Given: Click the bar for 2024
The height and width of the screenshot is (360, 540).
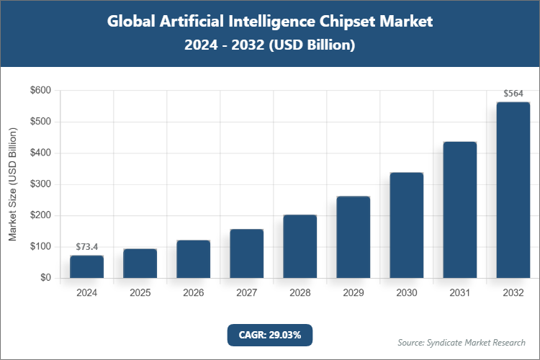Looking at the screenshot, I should (x=86, y=266).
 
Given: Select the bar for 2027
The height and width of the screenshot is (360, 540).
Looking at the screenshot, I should (x=246, y=253).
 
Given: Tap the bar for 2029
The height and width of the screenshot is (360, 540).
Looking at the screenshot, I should (x=353, y=237).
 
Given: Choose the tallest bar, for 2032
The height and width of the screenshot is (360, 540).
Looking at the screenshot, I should (x=513, y=190).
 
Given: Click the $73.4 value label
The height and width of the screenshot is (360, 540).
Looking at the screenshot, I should (x=86, y=247).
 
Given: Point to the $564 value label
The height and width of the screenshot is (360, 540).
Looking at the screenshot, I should (x=513, y=94).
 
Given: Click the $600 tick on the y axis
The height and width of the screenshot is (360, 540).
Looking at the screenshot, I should (x=40, y=91).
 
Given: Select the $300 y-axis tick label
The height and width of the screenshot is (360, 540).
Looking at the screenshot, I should (x=40, y=184).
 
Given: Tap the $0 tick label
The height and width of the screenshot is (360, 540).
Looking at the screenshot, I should (x=45, y=278).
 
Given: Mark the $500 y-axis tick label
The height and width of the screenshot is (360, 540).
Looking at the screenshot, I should (x=40, y=122).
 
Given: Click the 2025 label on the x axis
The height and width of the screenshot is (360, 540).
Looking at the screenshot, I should (x=140, y=293).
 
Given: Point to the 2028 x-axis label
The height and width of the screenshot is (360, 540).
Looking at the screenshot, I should (x=300, y=293).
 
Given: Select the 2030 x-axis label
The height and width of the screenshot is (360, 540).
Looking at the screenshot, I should (x=406, y=293).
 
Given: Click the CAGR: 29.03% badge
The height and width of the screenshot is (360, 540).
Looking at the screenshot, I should (x=270, y=334).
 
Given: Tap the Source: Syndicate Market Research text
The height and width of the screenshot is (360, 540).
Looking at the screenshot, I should (x=462, y=342).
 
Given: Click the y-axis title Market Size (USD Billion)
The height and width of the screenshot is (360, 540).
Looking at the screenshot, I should (x=12, y=184).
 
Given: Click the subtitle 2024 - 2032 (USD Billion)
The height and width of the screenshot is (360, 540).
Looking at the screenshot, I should (x=270, y=45).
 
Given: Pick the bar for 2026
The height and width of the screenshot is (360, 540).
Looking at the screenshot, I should (x=193, y=259).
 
